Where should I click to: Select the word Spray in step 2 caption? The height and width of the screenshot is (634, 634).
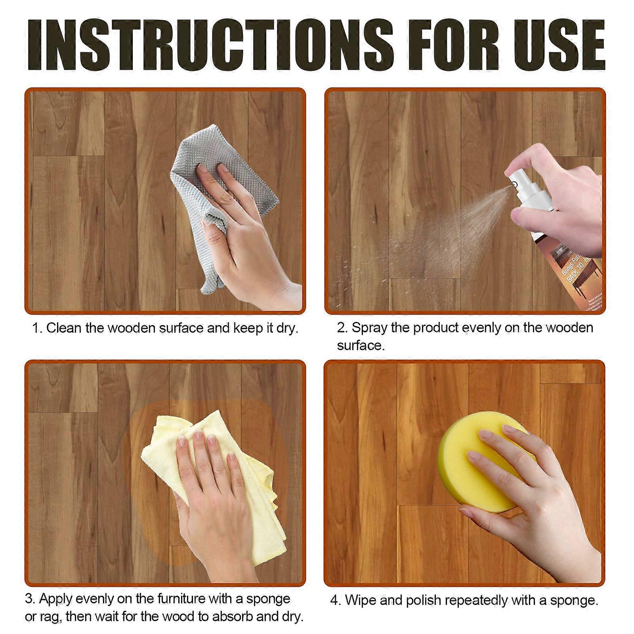[369, 328]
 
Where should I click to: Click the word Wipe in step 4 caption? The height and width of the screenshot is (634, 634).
[360, 600]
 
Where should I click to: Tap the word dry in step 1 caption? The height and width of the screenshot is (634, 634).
[287, 328]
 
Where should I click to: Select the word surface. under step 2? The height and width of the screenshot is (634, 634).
[361, 346]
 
